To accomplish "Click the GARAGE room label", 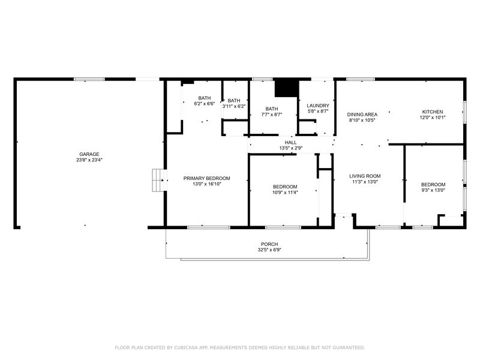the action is (x=89, y=154).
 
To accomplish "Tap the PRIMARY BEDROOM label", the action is (x=206, y=178).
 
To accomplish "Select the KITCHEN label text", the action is (x=433, y=112).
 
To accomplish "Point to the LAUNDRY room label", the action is (x=318, y=106).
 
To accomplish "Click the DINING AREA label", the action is (x=362, y=115).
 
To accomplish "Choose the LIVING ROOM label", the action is (x=365, y=176).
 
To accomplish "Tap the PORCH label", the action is (x=269, y=244).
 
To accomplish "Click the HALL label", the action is (x=290, y=143).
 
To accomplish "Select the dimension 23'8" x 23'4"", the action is (x=89, y=160).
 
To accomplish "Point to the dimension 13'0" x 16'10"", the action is (x=206, y=184).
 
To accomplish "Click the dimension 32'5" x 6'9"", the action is (x=269, y=250).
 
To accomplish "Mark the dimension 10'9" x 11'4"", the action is (x=285, y=193).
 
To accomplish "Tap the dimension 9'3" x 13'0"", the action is (x=433, y=190).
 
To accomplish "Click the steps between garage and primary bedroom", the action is (x=159, y=181).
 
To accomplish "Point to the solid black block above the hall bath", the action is (x=287, y=88).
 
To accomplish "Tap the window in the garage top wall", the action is (x=89, y=79).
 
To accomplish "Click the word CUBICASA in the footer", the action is (x=185, y=347).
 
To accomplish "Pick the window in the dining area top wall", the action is (x=361, y=79).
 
